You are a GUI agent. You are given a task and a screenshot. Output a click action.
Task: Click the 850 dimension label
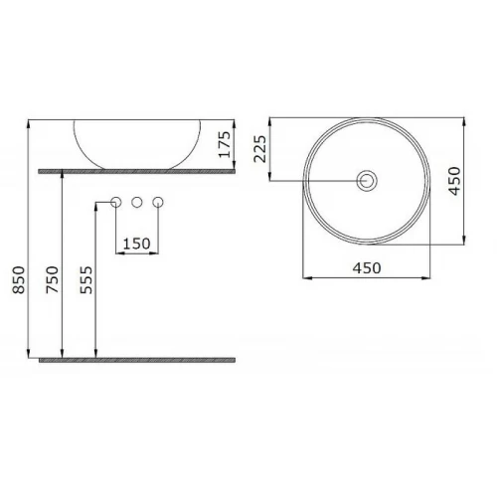pos(19,280)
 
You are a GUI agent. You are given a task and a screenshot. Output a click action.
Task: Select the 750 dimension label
pos(53,280)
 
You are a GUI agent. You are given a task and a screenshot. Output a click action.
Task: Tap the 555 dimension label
pos(86,280)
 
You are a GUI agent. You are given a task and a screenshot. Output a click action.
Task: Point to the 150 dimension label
pos(137,244)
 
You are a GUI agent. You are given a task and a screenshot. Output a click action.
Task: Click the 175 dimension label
pos(225,144)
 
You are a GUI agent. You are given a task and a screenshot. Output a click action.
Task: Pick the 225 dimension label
pos(259,149)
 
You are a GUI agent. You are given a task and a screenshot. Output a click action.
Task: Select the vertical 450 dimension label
pos(454,181)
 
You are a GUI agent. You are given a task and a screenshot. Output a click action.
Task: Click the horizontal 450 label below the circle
pos(367,268)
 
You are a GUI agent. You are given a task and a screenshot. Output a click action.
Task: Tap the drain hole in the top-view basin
pos(367,181)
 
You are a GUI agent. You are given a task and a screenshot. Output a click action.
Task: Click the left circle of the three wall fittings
pos(115,202)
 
